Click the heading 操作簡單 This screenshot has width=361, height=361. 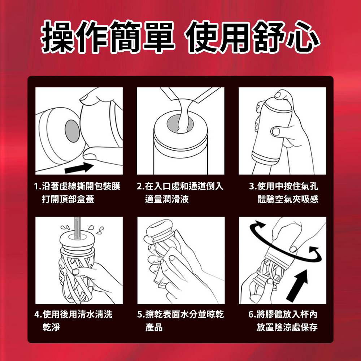point(108,37)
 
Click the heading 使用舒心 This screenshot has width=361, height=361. point(252,37)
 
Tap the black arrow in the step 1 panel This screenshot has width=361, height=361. point(79,168)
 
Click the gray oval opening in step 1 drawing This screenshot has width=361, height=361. point(72,131)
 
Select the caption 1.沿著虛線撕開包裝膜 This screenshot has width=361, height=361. point(77,186)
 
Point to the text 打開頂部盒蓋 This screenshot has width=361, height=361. point(68,199)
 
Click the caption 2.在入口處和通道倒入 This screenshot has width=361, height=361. point(180,186)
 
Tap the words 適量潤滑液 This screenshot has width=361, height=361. point(167,199)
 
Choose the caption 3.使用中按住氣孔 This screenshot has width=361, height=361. point(284,186)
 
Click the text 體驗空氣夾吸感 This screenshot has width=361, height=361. point(288,199)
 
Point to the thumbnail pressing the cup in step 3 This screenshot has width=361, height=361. point(275,131)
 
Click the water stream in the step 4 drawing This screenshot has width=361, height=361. point(78,228)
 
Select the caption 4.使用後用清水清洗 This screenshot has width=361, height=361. point(73,314)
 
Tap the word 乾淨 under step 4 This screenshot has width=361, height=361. point(51,327)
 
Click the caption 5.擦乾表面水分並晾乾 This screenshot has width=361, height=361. point(180,314)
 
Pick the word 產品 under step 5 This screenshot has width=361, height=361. point(154,327)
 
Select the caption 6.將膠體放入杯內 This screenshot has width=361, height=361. point(283,314)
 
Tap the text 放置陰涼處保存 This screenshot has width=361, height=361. point(287,327)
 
